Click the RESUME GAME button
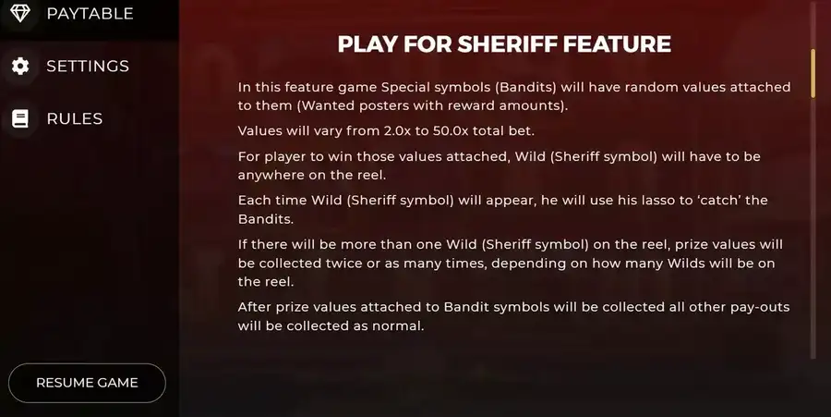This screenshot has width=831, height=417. [x=87, y=383]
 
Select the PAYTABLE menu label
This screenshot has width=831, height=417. [x=90, y=13]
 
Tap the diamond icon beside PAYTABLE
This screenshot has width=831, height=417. [x=20, y=13]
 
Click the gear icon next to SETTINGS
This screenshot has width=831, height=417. [x=20, y=66]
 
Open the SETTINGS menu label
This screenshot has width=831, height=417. [x=88, y=66]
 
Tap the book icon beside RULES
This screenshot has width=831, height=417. [x=20, y=118]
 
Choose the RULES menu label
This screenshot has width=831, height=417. [x=75, y=118]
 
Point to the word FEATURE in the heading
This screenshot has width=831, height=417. [x=617, y=44]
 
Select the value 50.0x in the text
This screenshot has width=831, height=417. [x=451, y=131]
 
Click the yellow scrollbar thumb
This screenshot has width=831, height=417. [x=813, y=73]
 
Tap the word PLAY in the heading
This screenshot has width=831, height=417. [x=367, y=44]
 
